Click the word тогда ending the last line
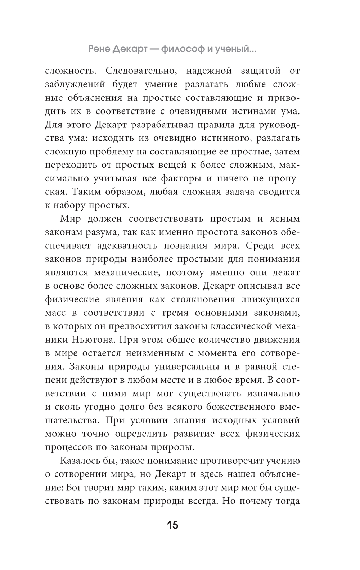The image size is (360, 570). [286, 502]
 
